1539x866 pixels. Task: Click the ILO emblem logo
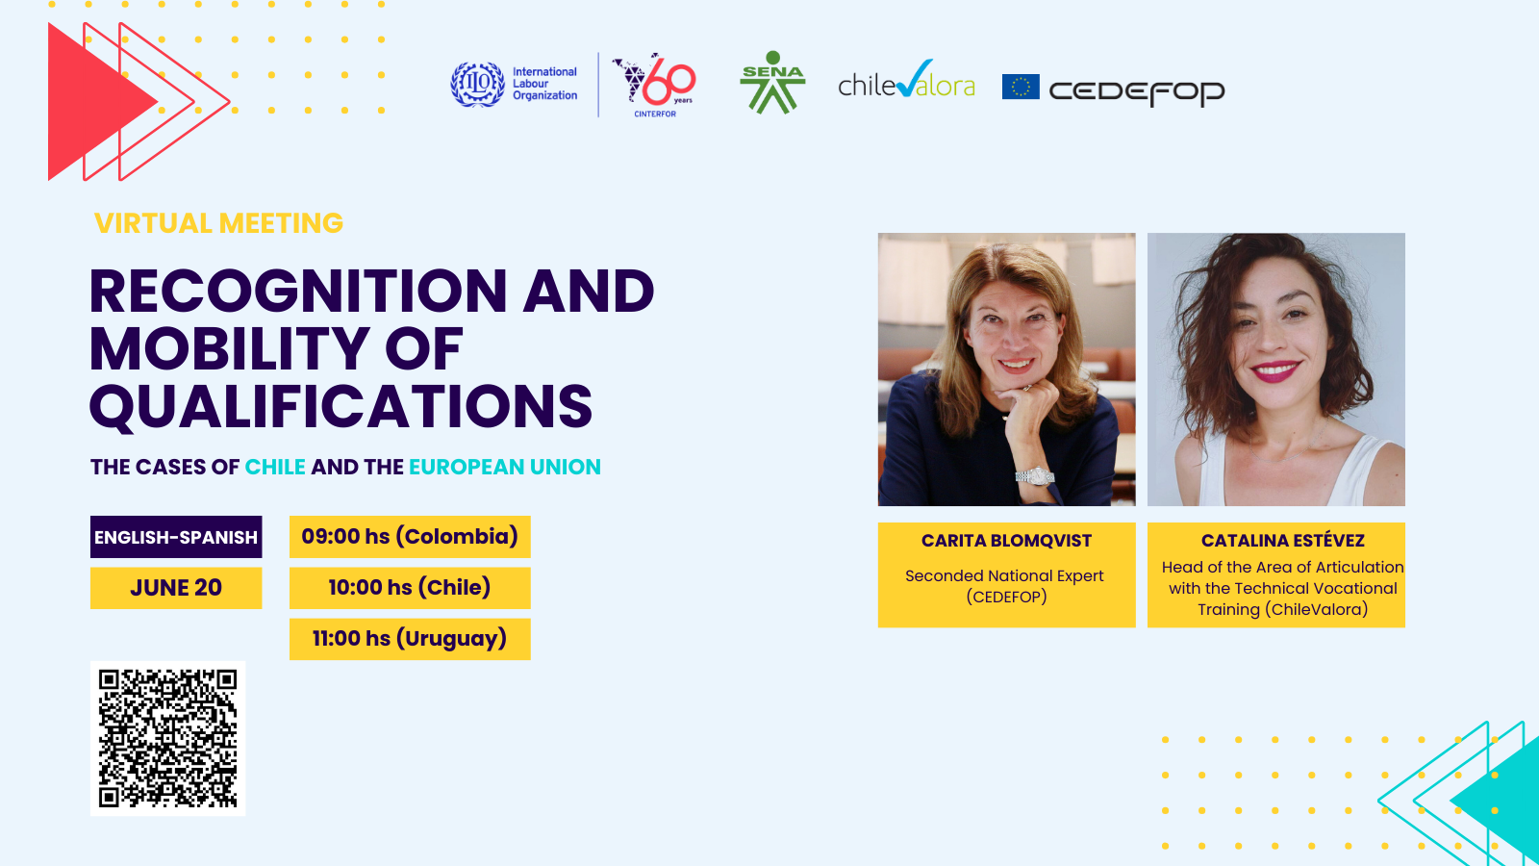click(477, 84)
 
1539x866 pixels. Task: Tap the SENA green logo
click(772, 82)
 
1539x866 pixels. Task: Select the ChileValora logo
click(906, 80)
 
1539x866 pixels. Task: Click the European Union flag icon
click(1021, 87)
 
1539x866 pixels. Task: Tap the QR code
click(167, 738)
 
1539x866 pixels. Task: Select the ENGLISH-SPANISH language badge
click(176, 537)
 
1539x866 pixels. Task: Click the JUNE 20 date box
click(176, 588)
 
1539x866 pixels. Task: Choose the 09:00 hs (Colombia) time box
click(410, 537)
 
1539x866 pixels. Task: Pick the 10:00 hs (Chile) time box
click(410, 588)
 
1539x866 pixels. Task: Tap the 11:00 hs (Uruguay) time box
click(410, 639)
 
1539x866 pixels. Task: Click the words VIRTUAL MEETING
click(218, 223)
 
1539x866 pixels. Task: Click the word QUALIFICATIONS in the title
click(341, 407)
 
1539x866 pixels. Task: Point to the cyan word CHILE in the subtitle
click(275, 467)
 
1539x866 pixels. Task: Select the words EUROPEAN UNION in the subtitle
click(505, 467)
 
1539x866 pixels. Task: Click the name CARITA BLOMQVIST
click(1006, 541)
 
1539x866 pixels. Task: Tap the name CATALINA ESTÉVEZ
click(1283, 541)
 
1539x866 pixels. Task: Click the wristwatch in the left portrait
click(1035, 475)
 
